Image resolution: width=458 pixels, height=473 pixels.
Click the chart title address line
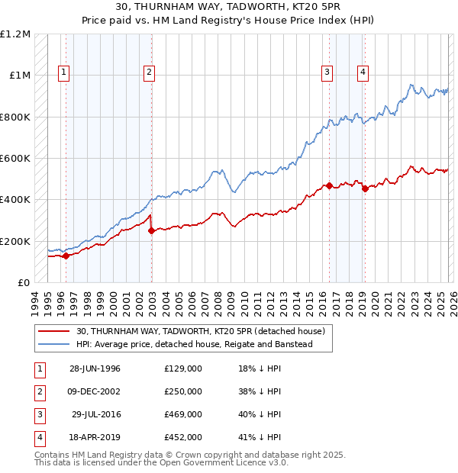click(229, 7)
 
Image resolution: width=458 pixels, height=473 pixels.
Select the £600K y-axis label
click(15, 159)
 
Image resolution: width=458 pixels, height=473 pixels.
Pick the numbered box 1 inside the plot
click(63, 72)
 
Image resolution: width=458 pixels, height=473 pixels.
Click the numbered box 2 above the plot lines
click(149, 72)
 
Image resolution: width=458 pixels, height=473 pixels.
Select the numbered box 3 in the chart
click(327, 72)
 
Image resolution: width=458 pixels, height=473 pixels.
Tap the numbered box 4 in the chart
click(363, 72)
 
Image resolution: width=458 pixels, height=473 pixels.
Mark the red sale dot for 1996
click(66, 256)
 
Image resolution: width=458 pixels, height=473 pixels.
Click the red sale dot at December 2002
click(151, 231)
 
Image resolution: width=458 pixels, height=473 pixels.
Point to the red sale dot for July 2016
click(329, 185)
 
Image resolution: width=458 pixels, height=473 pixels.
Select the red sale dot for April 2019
click(365, 189)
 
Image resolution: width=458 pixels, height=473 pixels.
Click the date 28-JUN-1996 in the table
click(95, 368)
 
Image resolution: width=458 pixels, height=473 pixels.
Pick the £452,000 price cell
click(183, 437)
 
